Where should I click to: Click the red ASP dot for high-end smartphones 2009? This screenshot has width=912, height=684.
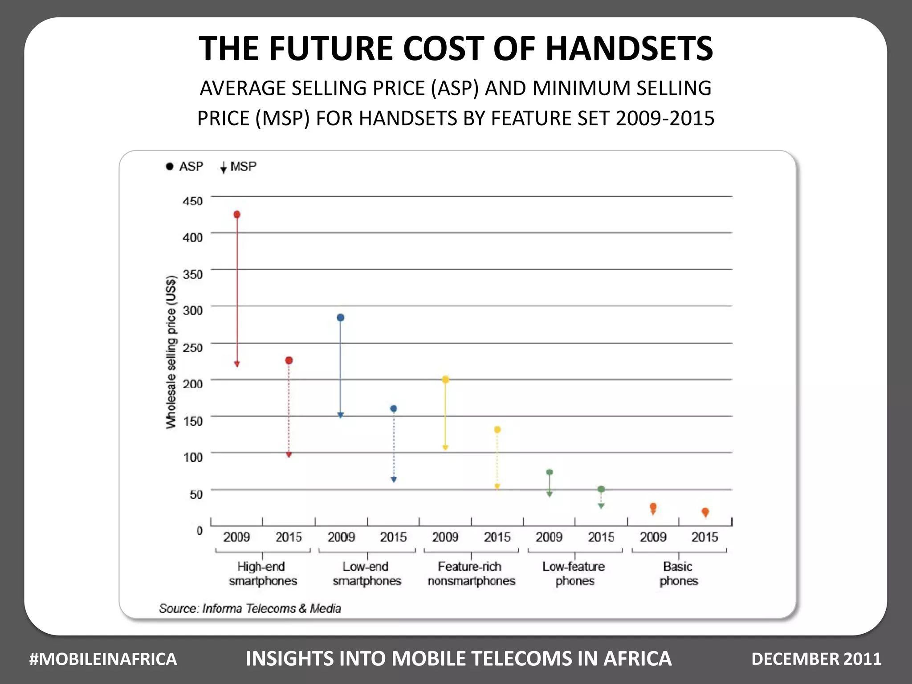tap(237, 215)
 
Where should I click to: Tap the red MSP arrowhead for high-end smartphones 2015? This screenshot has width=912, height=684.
tap(289, 455)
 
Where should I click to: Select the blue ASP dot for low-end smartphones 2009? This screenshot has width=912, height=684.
tap(341, 318)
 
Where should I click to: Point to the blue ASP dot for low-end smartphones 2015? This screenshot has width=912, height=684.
tap(394, 408)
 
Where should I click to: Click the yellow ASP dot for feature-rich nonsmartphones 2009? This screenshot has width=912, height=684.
tap(445, 379)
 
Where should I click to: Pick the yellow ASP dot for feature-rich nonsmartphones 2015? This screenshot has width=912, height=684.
tap(497, 430)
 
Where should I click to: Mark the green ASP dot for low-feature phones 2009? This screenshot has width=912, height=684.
tap(550, 472)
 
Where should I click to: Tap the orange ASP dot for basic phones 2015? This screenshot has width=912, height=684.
tap(705, 511)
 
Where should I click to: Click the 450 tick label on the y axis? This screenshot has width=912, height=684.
tap(192, 201)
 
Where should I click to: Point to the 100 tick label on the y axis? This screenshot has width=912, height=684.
tap(193, 457)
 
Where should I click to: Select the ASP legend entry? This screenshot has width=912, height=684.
tap(185, 167)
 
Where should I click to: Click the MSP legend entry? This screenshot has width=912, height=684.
tap(239, 167)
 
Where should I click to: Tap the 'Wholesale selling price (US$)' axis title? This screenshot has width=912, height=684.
tap(171, 352)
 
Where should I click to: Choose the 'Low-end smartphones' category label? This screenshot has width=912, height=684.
tap(366, 574)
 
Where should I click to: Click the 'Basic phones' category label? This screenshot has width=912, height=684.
tap(678, 574)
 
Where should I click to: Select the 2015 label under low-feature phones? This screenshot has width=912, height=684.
tap(601, 537)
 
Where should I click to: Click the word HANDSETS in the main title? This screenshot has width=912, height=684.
tap(629, 48)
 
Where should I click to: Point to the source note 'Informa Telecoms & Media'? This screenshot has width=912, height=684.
tap(272, 608)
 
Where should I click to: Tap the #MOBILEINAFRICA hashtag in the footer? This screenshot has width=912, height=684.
tap(103, 659)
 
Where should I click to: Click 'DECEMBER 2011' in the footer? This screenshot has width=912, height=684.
tap(816, 659)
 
